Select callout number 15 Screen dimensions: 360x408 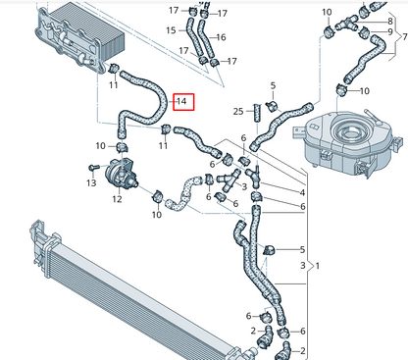171,30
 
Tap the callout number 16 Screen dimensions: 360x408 221,37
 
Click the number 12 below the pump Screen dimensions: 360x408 117,200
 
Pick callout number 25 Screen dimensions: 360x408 238,111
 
